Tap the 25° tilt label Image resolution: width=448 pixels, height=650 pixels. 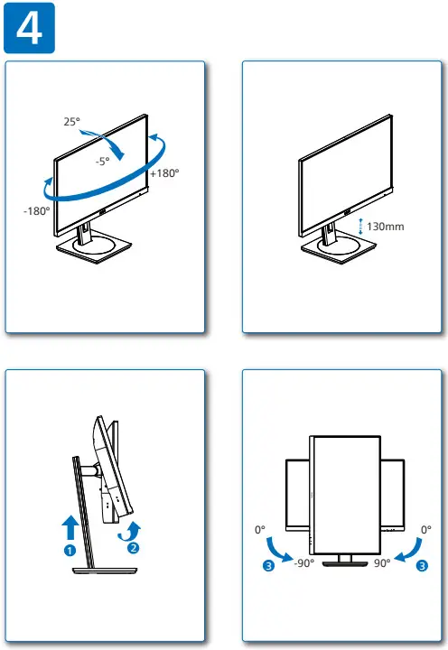73,120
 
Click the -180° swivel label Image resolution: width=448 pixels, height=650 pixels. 37,210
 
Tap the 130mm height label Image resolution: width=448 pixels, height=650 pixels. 387,226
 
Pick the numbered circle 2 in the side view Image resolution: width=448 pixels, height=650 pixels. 133,546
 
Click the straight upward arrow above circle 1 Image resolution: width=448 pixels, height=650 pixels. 70,525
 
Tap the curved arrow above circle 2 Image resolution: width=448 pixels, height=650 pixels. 132,528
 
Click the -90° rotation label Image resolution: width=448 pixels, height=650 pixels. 303,562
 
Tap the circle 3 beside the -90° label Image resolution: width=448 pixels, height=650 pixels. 268,566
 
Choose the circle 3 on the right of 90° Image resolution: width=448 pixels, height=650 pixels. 423,566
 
